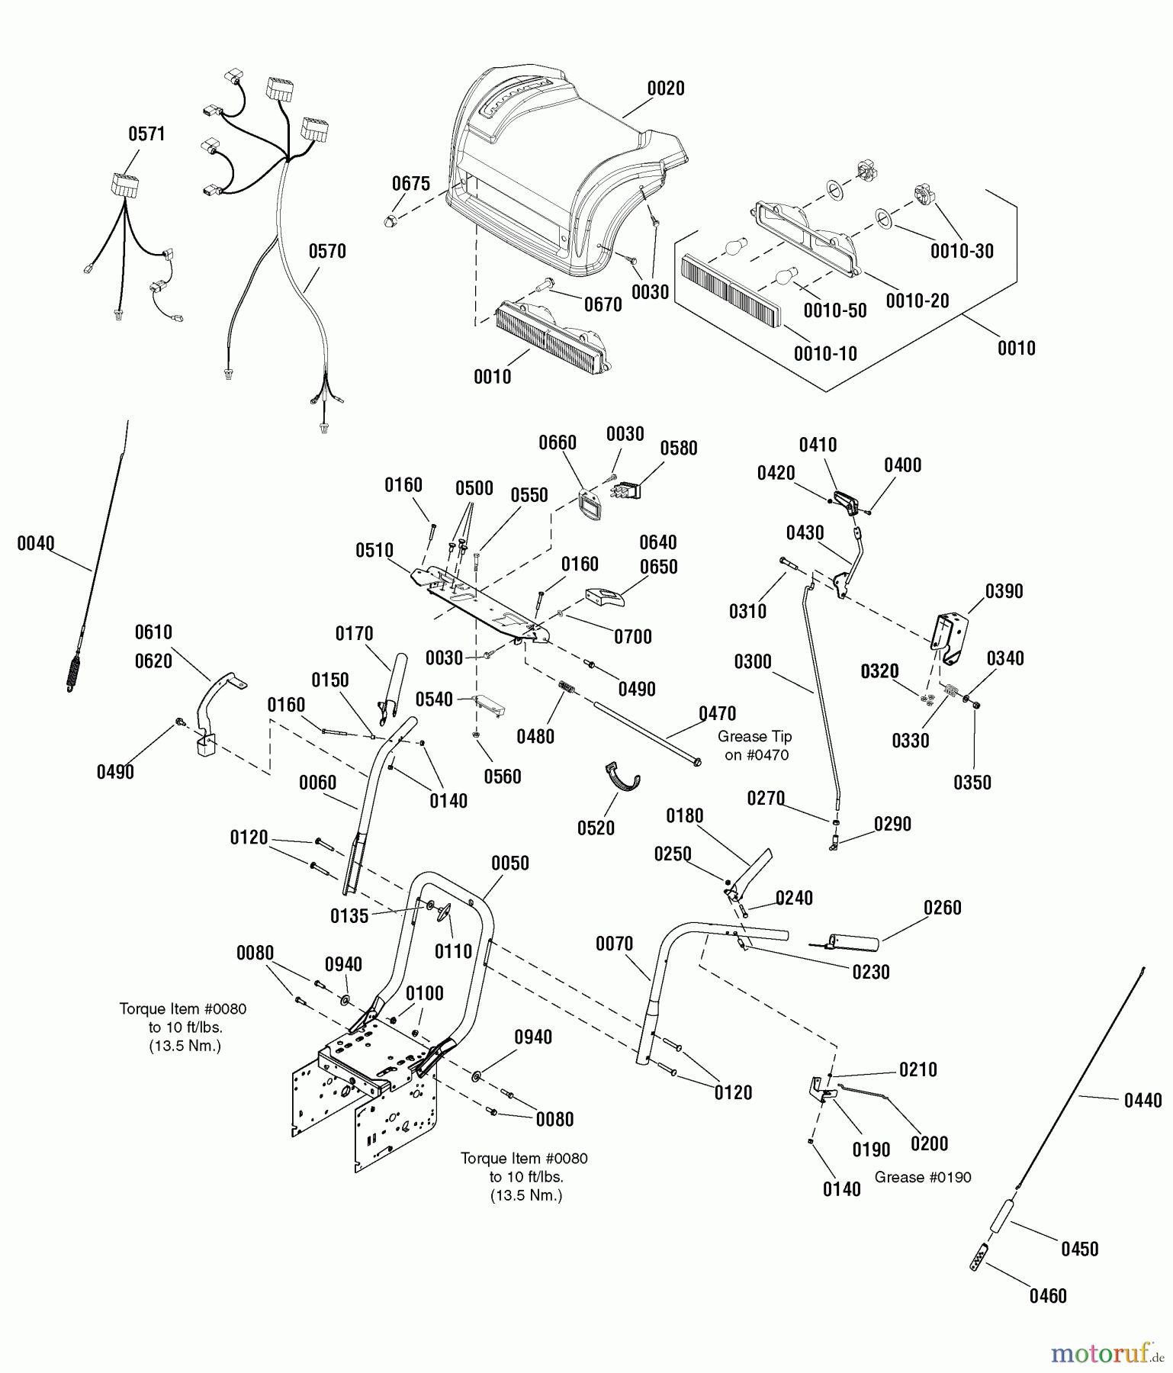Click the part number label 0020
666,88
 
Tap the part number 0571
146,134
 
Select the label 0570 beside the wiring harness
327,252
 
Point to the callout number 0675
411,184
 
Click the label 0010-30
962,252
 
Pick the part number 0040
36,544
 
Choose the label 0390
1004,591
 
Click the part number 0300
753,662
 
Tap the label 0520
596,828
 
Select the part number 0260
943,908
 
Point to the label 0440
1143,1100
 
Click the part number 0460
1048,1296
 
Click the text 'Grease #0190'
923,1178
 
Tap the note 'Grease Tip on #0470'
755,745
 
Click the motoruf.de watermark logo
1107,1353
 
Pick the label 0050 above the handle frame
510,863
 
